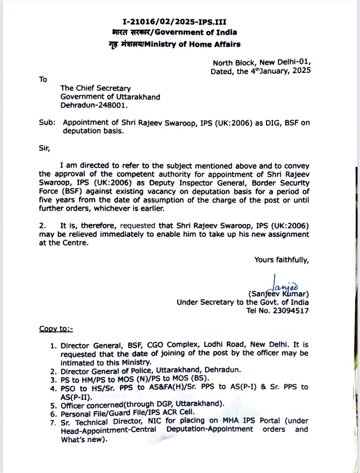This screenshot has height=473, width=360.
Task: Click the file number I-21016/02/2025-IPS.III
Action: click(174, 22)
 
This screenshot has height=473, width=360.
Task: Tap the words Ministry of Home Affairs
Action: click(192, 44)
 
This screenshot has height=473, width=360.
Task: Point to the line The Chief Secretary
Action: click(95, 88)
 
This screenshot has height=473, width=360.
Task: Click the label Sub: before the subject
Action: click(47, 123)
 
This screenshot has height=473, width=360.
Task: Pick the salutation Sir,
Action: click(44, 148)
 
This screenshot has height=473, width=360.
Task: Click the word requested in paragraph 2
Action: click(138, 226)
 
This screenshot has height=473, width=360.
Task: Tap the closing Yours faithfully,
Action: click(282, 260)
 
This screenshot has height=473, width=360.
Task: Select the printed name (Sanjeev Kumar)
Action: click(278, 294)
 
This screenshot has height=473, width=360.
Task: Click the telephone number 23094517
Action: click(289, 311)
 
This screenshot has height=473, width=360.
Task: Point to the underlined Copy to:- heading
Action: click(56, 329)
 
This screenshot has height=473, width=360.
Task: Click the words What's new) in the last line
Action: click(84, 440)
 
